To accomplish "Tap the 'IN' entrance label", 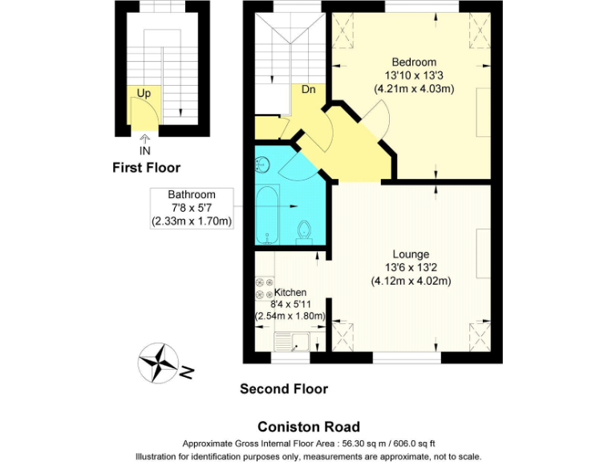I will tap(144, 150).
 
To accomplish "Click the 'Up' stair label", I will tap(144, 93).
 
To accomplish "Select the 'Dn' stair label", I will tap(308, 89).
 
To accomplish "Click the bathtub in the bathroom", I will tap(267, 216).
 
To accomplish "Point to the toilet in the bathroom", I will tap(303, 232).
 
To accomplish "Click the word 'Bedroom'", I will tap(414, 63).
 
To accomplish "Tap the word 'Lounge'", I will tap(411, 254).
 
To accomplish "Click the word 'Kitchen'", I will tap(290, 292).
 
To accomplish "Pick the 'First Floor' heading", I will tap(146, 168).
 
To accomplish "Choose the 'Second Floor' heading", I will tap(284, 389).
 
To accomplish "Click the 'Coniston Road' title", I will tap(308, 427).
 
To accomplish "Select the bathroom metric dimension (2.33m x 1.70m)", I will tap(192, 221).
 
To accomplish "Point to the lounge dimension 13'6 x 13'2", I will tap(411, 268).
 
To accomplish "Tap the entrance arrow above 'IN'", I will tap(144, 138).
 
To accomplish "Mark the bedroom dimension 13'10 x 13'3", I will tap(414, 75).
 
